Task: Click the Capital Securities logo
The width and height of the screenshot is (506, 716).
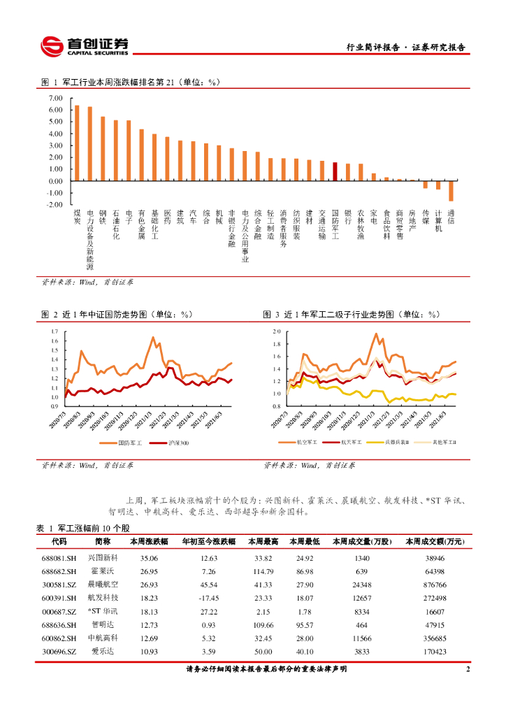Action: coord(84,47)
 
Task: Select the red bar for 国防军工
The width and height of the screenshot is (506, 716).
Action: coord(335,172)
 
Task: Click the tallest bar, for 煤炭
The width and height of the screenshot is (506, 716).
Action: coord(77,143)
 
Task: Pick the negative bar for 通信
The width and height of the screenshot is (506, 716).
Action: coord(451,191)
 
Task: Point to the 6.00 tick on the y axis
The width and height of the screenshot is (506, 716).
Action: coord(55,110)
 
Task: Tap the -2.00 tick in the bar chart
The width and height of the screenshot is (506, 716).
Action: coord(55,205)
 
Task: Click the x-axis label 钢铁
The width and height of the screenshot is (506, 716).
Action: coord(103,216)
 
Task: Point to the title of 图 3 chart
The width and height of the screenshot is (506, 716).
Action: coord(351,315)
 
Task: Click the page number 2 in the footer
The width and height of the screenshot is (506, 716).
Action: coord(468,669)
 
